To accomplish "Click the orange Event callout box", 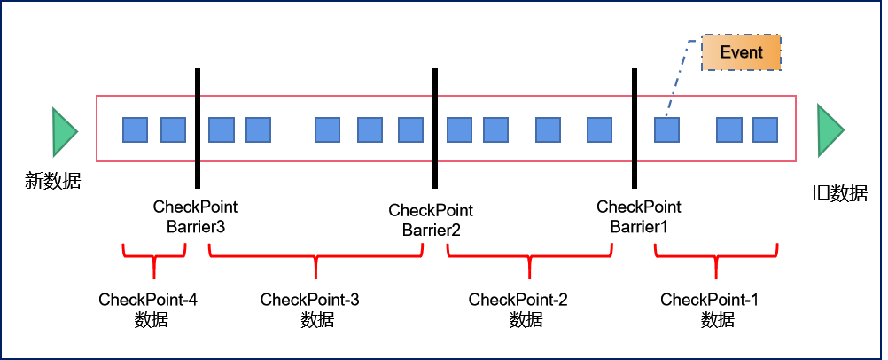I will pyautogui.click(x=741, y=53).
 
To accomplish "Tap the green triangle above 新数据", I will pyautogui.click(x=64, y=129).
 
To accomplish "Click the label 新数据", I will pyautogui.click(x=53, y=183).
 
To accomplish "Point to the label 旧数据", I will pyautogui.click(x=839, y=193).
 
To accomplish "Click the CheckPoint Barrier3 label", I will pyautogui.click(x=195, y=217).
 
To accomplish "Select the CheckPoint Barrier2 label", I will pyautogui.click(x=431, y=220).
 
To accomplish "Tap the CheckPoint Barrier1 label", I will pyautogui.click(x=638, y=217).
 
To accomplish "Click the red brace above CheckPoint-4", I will pyautogui.click(x=153, y=258).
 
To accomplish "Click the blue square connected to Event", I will pyautogui.click(x=666, y=129).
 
